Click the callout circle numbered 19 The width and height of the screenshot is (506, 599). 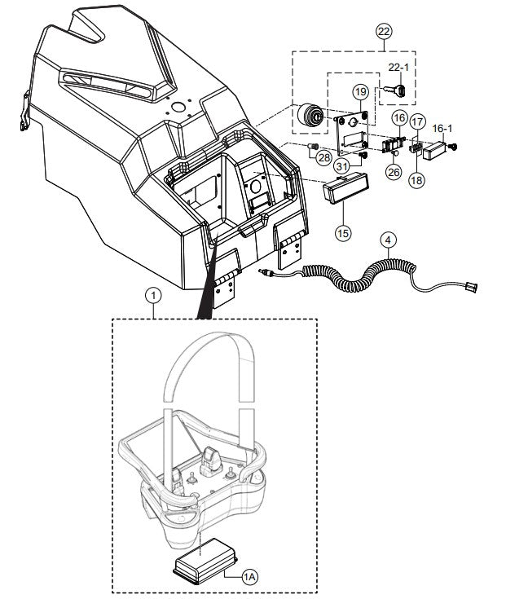pyautogui.click(x=360, y=92)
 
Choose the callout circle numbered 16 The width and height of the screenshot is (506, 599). pyautogui.click(x=399, y=119)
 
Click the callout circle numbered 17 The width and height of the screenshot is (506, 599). pyautogui.click(x=417, y=122)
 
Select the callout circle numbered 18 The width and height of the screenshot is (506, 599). pyautogui.click(x=416, y=180)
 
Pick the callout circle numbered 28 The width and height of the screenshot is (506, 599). pyautogui.click(x=324, y=156)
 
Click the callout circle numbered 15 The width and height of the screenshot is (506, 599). pyautogui.click(x=343, y=232)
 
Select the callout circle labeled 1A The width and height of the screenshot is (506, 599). pyautogui.click(x=251, y=576)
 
